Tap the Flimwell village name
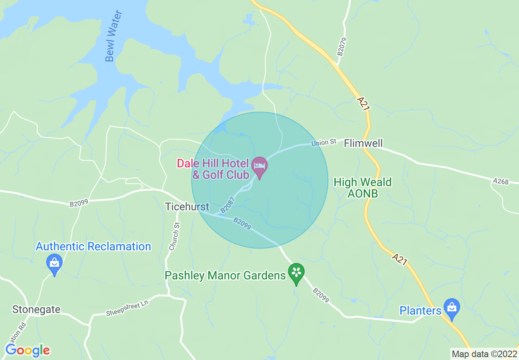(363, 143)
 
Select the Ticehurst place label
(187, 207)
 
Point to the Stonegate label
(36, 309)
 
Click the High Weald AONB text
(363, 187)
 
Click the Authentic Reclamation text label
(93, 246)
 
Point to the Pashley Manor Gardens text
(225, 275)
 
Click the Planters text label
(420, 310)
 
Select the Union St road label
(323, 142)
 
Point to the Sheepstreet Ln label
(126, 307)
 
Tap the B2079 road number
(341, 47)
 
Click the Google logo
(27, 350)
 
